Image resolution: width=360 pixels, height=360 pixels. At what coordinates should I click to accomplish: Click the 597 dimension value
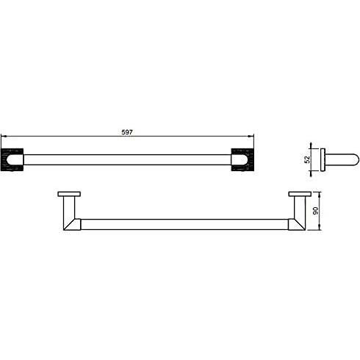click(127, 132)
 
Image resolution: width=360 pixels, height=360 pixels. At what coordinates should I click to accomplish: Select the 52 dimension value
click(307, 159)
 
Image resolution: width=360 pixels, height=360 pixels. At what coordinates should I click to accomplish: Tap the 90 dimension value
click(316, 211)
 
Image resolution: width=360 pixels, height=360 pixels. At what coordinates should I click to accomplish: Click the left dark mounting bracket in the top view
click(12, 159)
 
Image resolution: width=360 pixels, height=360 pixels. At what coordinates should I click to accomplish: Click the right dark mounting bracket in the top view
click(242, 159)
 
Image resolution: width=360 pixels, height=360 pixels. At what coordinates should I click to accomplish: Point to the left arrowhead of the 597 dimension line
click(4, 136)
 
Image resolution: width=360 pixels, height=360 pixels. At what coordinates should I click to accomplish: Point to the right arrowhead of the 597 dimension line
click(251, 136)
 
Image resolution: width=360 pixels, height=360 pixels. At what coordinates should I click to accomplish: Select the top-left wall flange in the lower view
click(69, 194)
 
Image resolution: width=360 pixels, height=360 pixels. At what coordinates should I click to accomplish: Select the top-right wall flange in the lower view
click(300, 194)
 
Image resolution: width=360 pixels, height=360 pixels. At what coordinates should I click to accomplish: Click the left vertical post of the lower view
click(69, 207)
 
